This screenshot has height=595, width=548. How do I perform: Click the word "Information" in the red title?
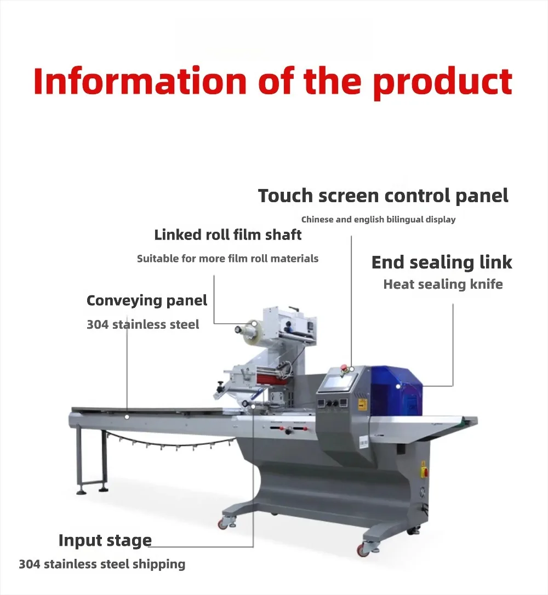[x=139, y=81]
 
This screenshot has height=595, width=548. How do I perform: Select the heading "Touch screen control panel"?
[x=383, y=196]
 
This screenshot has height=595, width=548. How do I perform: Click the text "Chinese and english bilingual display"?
[x=378, y=220]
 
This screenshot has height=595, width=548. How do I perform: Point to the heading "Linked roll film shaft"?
[x=228, y=235]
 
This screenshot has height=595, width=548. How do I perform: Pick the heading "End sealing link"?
[x=442, y=262]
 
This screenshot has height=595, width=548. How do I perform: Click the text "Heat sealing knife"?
[x=443, y=284]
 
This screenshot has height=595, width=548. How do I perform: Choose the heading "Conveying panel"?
[x=147, y=300]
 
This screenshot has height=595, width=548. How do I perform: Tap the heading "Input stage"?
[x=105, y=540]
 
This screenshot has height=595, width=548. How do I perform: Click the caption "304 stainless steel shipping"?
[x=102, y=564]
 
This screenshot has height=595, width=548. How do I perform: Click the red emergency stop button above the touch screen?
[x=345, y=367]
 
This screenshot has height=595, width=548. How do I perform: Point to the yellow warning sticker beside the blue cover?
[x=362, y=405]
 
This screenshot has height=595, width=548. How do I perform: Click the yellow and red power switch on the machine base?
[x=423, y=468]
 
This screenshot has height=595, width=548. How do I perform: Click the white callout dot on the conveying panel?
[x=127, y=417]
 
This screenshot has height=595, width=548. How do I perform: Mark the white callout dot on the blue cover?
[x=398, y=385]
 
